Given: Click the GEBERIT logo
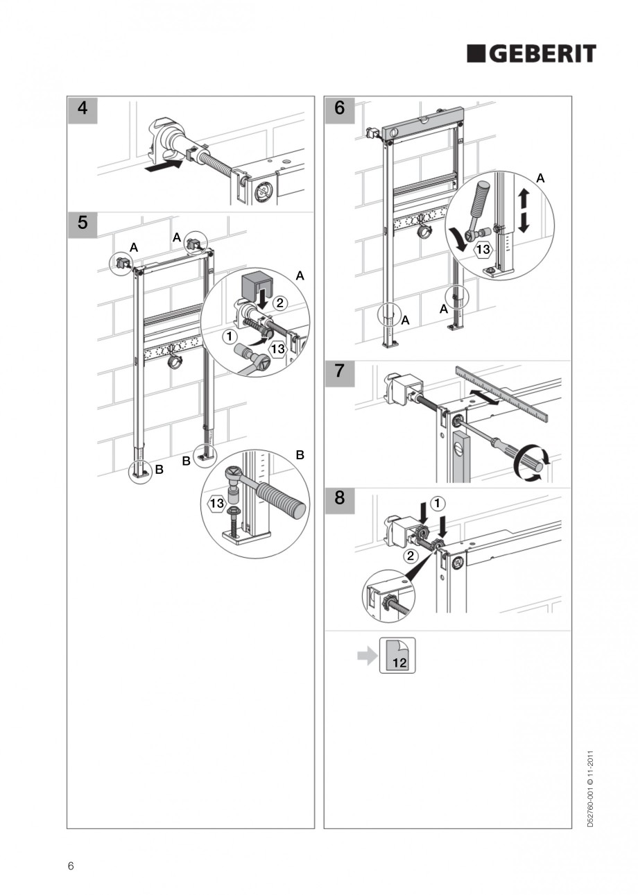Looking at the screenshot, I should pyautogui.click(x=531, y=53).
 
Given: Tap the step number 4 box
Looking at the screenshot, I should pyautogui.click(x=83, y=109).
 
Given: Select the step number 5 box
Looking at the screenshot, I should pyautogui.click(x=83, y=223).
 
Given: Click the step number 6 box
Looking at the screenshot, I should pyautogui.click(x=339, y=109).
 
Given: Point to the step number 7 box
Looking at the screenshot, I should pyautogui.click(x=339, y=370).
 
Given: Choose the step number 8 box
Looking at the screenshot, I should pyautogui.click(x=339, y=497).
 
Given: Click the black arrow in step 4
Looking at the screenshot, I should pyautogui.click(x=164, y=166).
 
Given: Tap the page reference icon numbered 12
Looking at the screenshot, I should pyautogui.click(x=397, y=656).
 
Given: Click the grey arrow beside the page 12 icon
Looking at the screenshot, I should pyautogui.click(x=366, y=656).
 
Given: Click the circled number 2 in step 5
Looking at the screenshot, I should pyautogui.click(x=279, y=302).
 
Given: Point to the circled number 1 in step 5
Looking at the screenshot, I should pyautogui.click(x=226, y=336).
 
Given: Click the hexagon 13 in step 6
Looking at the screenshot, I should pyautogui.click(x=484, y=248).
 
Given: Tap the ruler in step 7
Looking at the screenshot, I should pyautogui.click(x=501, y=392).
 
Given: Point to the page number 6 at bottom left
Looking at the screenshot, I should pyautogui.click(x=71, y=866).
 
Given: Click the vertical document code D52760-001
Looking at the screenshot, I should pyautogui.click(x=590, y=788).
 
